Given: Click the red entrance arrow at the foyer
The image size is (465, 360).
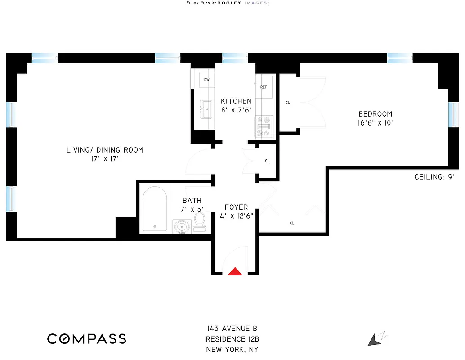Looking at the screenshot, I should [235, 271].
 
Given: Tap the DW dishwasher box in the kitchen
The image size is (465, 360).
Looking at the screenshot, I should [206, 80].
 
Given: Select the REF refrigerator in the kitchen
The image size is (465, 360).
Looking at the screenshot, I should [264, 87].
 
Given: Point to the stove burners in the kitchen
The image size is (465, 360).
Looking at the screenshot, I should [264, 126].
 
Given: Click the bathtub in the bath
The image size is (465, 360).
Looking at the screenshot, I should [154, 209].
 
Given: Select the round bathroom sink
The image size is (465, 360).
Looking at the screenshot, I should [182, 226].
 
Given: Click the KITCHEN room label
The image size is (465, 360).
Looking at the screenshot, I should [236, 101].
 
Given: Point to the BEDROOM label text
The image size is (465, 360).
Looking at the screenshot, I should [375, 114].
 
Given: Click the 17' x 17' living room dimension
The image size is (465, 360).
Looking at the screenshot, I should [105, 159].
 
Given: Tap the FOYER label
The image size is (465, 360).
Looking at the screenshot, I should [236, 207].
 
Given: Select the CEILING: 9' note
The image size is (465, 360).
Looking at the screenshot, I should [435, 177].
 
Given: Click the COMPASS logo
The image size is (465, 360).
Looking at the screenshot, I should [87, 339].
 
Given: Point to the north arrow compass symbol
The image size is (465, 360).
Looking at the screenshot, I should [375, 339].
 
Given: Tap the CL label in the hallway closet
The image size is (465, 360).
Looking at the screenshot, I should [267, 161].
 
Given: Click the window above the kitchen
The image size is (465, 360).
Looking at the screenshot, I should [235, 57].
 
